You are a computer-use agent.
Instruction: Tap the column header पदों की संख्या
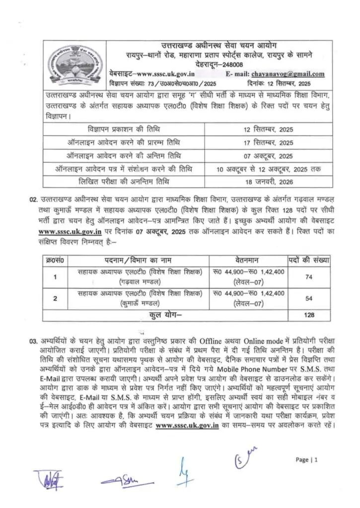pyautogui.click(x=309, y=259)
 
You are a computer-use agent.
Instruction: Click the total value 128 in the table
pyautogui.click(x=309, y=315)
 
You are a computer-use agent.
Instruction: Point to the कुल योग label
pyautogui.click(x=166, y=315)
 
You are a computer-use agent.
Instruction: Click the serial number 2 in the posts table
pyautogui.click(x=55, y=298)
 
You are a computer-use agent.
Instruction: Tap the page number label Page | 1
pyautogui.click(x=306, y=459)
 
